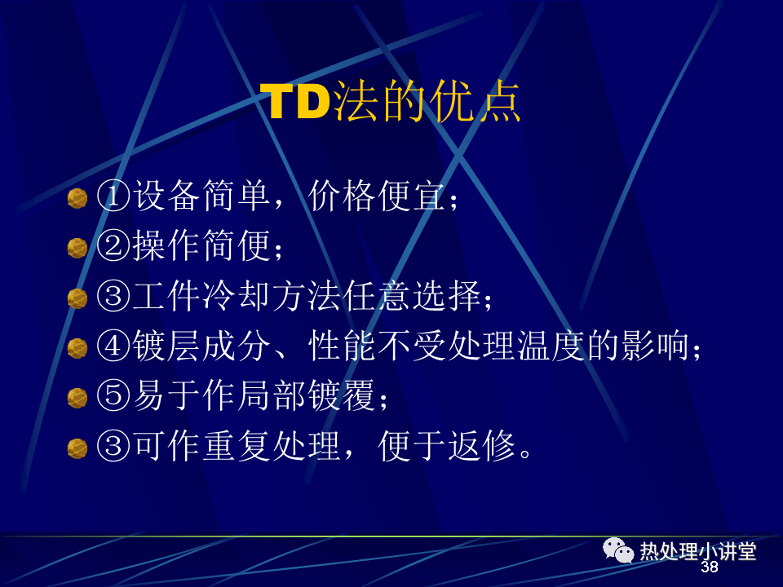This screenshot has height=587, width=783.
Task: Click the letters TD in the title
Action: (x=295, y=101)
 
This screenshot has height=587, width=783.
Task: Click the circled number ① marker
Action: (x=113, y=196)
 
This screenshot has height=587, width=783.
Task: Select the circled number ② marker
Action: (x=113, y=245)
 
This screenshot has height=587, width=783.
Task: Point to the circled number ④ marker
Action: (x=113, y=346)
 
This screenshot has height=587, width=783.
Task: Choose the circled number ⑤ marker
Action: (x=113, y=396)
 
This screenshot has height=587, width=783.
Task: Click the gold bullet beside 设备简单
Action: (x=77, y=198)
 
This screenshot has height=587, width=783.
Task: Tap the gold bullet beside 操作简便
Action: (x=77, y=248)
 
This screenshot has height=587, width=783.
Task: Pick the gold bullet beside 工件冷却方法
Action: (x=77, y=298)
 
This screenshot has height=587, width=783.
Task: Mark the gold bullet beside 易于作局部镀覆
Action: (x=77, y=399)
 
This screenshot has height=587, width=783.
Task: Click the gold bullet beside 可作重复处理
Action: (x=77, y=448)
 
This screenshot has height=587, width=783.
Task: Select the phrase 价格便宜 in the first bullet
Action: (x=376, y=196)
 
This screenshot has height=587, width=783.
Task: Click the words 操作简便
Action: (x=201, y=245)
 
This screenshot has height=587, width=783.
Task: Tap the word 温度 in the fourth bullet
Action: (x=551, y=346)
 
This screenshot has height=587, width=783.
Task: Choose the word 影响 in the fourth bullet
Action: (x=655, y=346)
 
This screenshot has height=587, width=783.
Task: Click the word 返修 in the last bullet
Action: (x=481, y=446)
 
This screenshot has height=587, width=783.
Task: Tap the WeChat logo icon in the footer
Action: (x=618, y=550)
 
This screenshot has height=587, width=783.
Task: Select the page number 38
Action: (x=709, y=567)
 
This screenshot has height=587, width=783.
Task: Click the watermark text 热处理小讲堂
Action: (x=698, y=551)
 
